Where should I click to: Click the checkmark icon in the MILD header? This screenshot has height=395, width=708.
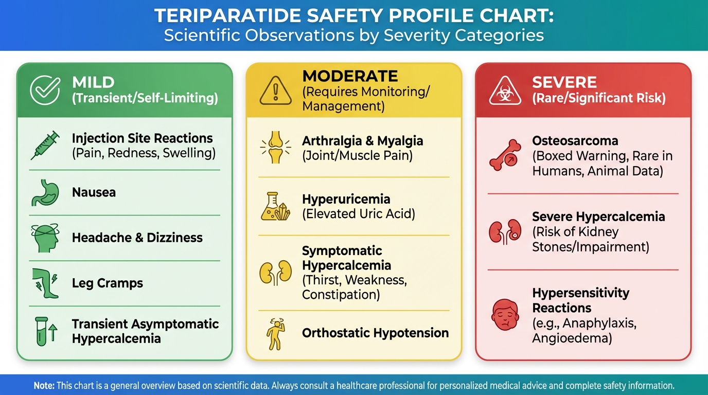(x=45, y=90)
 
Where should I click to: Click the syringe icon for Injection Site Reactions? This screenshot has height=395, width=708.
(x=45, y=146)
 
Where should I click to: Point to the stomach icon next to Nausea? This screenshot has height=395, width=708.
(x=45, y=193)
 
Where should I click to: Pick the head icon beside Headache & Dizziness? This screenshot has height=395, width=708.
(x=45, y=238)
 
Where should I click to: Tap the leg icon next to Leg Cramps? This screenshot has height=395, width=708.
(x=45, y=283)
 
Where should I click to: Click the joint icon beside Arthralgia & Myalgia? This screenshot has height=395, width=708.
(x=276, y=148)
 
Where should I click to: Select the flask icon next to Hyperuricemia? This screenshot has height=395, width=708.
(x=276, y=206)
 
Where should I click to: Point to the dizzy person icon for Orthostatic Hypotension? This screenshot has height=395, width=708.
(x=275, y=333)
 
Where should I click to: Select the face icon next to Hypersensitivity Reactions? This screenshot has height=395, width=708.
(x=503, y=315)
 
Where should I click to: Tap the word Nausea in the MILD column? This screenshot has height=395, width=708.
(x=94, y=193)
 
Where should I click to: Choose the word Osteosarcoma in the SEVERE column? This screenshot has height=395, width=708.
(x=575, y=141)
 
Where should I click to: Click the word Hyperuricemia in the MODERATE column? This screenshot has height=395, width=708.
(x=346, y=199)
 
